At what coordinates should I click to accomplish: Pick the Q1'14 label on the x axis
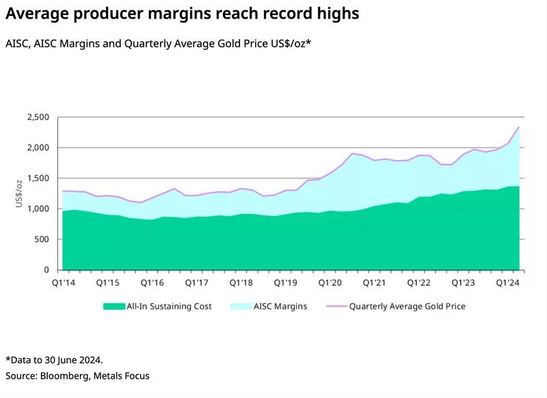pos(63,282)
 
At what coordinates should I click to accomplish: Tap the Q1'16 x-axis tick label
pos(152,282)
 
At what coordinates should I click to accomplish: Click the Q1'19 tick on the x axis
pos(286,282)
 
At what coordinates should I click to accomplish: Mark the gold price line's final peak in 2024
pos(519,127)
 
